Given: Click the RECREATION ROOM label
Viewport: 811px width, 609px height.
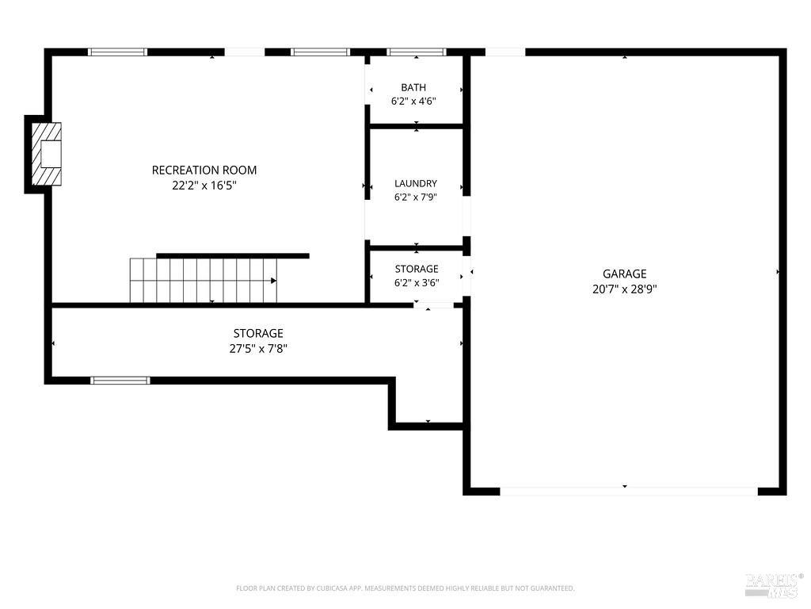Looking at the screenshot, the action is (204, 170).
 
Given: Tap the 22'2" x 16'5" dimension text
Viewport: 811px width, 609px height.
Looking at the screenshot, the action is (204, 186).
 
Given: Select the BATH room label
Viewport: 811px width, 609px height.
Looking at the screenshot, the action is (413, 87).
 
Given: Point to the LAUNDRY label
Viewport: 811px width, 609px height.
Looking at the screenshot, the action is (416, 183).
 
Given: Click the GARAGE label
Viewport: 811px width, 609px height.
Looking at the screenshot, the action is (625, 274).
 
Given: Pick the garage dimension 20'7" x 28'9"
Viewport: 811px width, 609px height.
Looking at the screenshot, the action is (625, 289).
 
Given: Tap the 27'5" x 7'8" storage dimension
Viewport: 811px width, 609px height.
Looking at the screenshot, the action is (259, 349).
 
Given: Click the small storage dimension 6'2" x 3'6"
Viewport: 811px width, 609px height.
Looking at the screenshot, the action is (417, 283).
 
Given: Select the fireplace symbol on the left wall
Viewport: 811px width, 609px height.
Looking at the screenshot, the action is (47, 154).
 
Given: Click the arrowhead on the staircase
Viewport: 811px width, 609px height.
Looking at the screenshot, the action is (273, 281).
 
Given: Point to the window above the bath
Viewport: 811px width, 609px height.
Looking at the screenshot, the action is (417, 52).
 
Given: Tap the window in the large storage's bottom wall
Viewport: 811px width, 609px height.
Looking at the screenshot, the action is (120, 381).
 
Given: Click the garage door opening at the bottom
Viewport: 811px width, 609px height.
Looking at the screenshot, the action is (629, 491).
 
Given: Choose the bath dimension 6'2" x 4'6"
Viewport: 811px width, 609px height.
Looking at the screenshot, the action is (413, 101).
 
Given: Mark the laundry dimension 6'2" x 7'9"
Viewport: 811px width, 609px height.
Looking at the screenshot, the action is (416, 197).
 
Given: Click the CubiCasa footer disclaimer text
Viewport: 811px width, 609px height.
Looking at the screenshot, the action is (405, 588).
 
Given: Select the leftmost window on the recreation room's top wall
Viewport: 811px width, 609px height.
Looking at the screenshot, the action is (117, 52).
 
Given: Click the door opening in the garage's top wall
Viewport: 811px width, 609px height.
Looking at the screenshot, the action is (505, 52).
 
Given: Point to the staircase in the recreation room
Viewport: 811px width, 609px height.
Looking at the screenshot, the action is (204, 280).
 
